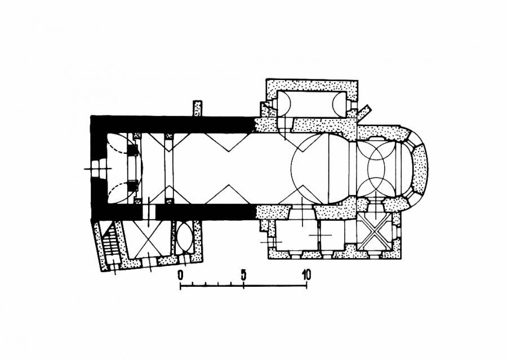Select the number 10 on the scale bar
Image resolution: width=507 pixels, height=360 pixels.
click(x=306, y=274)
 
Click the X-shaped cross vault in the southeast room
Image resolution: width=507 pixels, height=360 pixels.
click(x=375, y=234)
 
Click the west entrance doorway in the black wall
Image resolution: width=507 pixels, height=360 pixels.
click(x=98, y=168)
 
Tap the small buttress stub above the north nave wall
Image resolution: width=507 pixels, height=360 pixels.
click(x=197, y=108)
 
